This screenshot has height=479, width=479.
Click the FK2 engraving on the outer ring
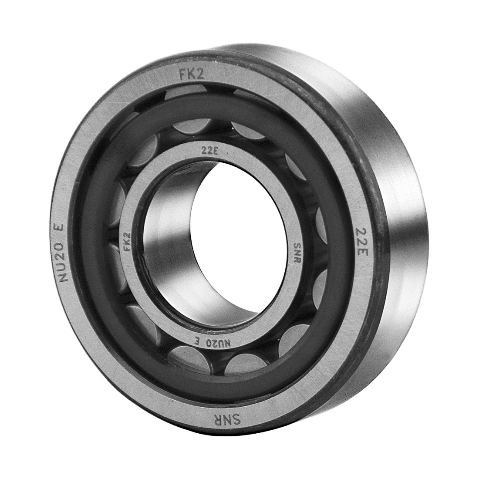point(192,74)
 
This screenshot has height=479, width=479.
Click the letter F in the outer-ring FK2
point(183,75)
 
